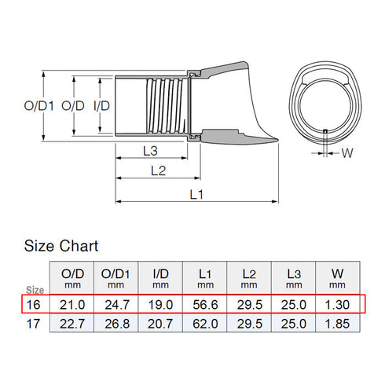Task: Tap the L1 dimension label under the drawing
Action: pyautogui.click(x=196, y=196)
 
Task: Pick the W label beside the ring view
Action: pyautogui.click(x=347, y=154)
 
